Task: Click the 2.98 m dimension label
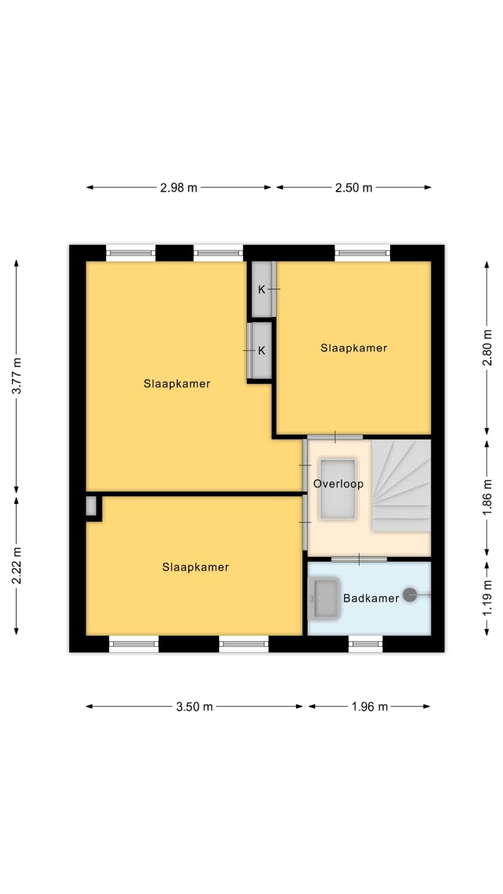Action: point(179,188)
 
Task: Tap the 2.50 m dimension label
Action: point(354,188)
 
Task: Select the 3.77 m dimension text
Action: point(17,376)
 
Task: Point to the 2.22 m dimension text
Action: point(17,566)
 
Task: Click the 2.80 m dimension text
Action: point(487,348)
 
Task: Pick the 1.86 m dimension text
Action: point(487,497)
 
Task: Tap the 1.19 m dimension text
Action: point(487,598)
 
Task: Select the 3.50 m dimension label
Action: point(194,707)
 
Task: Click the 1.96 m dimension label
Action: point(370,707)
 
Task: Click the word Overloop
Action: point(338,484)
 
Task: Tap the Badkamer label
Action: point(371,598)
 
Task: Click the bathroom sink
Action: point(324,598)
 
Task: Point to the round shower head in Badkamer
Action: point(410,595)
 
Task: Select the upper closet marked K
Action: point(262,289)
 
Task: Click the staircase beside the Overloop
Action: point(401,486)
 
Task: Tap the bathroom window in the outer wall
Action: point(366,644)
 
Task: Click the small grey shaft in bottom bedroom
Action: point(91,506)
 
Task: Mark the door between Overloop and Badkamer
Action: point(359,559)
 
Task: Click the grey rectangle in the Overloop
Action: point(338,489)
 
